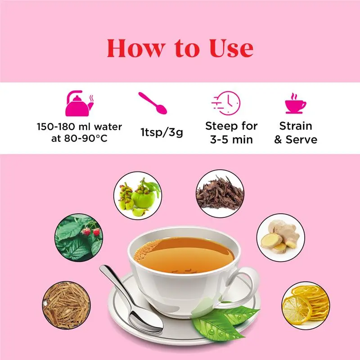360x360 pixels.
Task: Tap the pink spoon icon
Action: (x=153, y=103)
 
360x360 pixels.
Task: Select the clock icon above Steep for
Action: (x=226, y=103)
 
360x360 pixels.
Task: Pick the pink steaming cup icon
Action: (x=296, y=103)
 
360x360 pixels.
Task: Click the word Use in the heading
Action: (x=231, y=48)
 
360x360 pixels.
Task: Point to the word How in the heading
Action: (x=136, y=48)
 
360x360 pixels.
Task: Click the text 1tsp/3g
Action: (x=162, y=132)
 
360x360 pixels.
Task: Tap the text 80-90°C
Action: (x=85, y=139)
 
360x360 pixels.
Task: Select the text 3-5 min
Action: (x=231, y=139)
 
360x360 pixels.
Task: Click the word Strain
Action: (x=296, y=126)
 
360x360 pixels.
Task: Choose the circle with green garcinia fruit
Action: (x=138, y=196)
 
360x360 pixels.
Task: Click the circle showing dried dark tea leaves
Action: (x=220, y=194)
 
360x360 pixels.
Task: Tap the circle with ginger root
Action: (x=281, y=238)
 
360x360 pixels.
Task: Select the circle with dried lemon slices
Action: (x=306, y=306)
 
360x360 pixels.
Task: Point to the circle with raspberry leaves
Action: (x=79, y=238)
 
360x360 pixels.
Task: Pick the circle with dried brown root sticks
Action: (x=66, y=305)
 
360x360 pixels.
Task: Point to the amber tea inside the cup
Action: (x=184, y=255)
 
